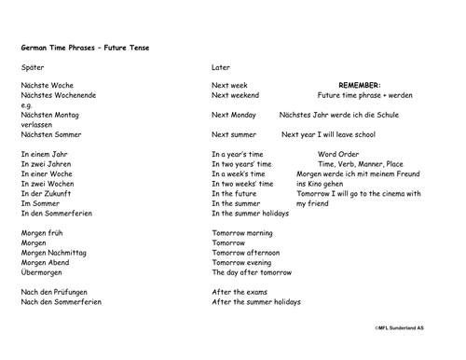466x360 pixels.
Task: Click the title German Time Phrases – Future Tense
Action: tap(84, 48)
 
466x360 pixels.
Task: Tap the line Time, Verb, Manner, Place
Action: tap(361, 164)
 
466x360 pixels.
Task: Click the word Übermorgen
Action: tap(41, 272)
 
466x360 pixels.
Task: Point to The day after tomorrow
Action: tap(252, 272)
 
